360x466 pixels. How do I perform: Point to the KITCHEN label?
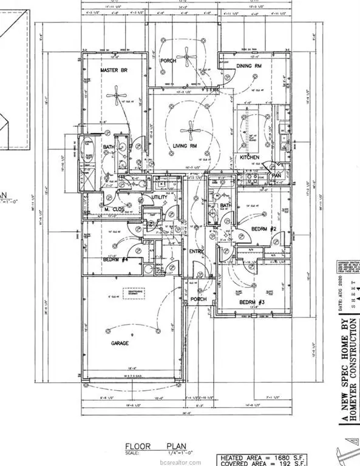[249, 158]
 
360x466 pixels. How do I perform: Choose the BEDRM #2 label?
[264, 228]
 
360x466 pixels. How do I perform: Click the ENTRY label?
[195, 251]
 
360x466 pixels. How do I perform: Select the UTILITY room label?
[159, 197]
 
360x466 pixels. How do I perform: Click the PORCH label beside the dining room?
[168, 61]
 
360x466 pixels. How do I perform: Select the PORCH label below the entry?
[198, 299]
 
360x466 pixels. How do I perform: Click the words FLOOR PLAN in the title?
[152, 444]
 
